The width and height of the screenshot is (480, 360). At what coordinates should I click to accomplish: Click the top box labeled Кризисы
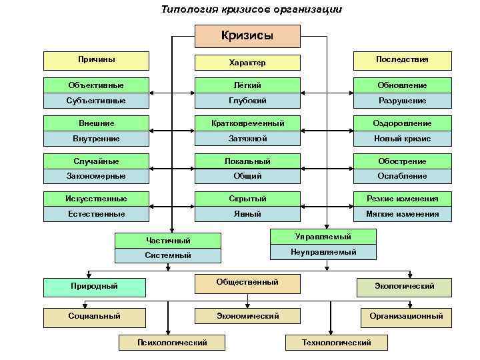coord(247,36)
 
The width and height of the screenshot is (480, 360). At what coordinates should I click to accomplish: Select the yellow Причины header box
coord(96,60)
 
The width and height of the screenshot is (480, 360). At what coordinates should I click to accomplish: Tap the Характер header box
coord(247,63)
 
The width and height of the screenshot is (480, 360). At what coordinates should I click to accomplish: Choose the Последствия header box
coord(402,60)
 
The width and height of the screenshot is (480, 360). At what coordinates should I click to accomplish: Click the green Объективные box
coord(96,85)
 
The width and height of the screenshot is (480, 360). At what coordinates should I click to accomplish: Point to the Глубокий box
coord(247,101)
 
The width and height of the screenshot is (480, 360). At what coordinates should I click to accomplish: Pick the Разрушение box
coord(402,101)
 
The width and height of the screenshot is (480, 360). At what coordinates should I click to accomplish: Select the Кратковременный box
coord(247,123)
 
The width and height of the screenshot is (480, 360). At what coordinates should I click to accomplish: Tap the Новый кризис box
coord(402,139)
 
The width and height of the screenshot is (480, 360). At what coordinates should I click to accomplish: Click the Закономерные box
coord(96,176)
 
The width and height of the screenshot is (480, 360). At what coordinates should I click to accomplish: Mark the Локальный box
coord(247,161)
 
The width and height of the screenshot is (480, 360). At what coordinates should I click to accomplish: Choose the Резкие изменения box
coord(402,199)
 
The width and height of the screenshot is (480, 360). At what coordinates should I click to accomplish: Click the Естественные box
coord(96,214)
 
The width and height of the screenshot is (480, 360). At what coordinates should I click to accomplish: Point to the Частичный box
coord(168,240)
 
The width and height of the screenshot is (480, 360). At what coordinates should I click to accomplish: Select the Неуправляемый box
coord(323,252)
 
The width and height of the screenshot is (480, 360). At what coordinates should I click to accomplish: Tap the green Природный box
coord(95,287)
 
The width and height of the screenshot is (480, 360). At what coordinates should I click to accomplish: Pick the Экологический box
coord(404,287)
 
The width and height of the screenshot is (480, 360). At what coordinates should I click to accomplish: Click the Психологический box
coord(171,343)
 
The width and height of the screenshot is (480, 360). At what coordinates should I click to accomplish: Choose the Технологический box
coord(337,343)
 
